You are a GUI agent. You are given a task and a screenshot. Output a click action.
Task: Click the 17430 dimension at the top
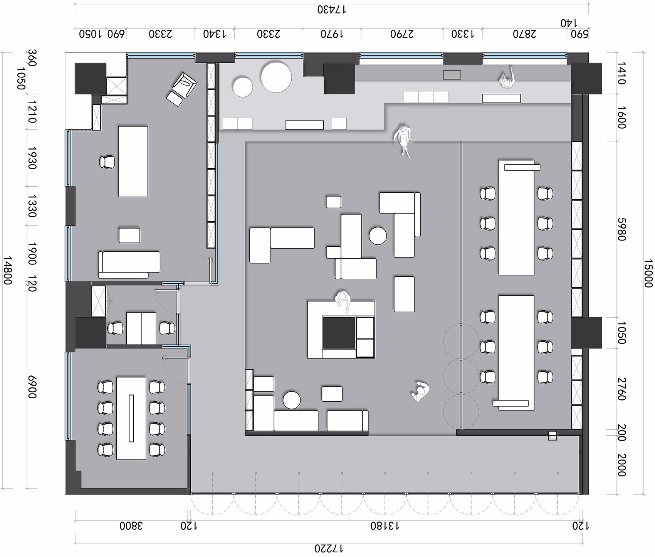(x=332, y=9)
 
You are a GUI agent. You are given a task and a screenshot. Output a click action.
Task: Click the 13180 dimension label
(x=385, y=526)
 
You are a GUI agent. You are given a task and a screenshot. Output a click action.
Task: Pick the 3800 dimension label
(x=131, y=526)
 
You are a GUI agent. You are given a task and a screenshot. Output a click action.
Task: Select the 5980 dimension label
(x=621, y=229)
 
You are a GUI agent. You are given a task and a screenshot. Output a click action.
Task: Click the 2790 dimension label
(x=402, y=34)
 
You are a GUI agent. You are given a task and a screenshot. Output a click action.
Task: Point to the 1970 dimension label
(x=332, y=34)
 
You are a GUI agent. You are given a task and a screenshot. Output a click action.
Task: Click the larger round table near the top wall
(x=276, y=77)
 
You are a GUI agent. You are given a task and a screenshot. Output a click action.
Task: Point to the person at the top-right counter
(x=507, y=79)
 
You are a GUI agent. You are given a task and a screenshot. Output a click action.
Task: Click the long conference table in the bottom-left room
(x=131, y=418)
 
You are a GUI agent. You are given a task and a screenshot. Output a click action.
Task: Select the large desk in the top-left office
(x=133, y=162)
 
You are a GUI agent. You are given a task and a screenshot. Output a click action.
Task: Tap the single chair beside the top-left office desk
(x=107, y=162)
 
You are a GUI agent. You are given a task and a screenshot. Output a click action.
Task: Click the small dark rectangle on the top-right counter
(x=452, y=75)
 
